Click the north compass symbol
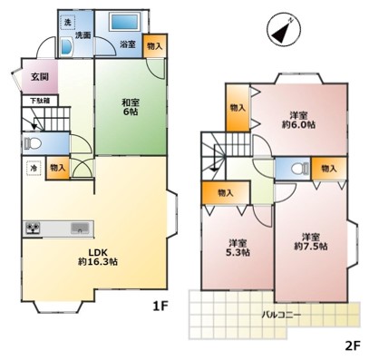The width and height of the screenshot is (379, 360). click(x=284, y=30)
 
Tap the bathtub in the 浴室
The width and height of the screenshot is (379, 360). click(x=124, y=21)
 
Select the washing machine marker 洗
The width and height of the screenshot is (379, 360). click(x=68, y=22)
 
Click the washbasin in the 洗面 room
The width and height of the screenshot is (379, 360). click(x=66, y=46)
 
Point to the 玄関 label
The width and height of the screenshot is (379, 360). click(x=40, y=77)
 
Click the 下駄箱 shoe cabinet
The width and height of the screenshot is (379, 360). click(x=40, y=101)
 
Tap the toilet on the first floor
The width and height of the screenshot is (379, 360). click(x=33, y=143)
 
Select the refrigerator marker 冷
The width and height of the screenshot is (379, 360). click(x=34, y=169)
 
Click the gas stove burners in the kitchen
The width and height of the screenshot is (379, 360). click(x=33, y=229)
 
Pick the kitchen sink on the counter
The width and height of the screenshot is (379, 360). click(x=80, y=228)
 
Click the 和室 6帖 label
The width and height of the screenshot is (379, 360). click(x=131, y=107)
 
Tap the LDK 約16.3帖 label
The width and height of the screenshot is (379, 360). click(x=98, y=257)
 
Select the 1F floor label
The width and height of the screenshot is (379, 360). click(x=160, y=306)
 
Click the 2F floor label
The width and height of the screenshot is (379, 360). click(x=353, y=345)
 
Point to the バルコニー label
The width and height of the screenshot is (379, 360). click(x=281, y=315)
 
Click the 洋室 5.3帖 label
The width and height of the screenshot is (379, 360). click(x=238, y=248)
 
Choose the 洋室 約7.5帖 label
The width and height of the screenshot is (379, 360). click(x=311, y=241)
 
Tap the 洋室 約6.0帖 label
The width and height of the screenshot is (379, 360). click(x=298, y=120)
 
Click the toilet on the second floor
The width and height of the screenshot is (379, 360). click(x=300, y=169)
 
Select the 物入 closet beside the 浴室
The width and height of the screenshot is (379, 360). click(x=155, y=45)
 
